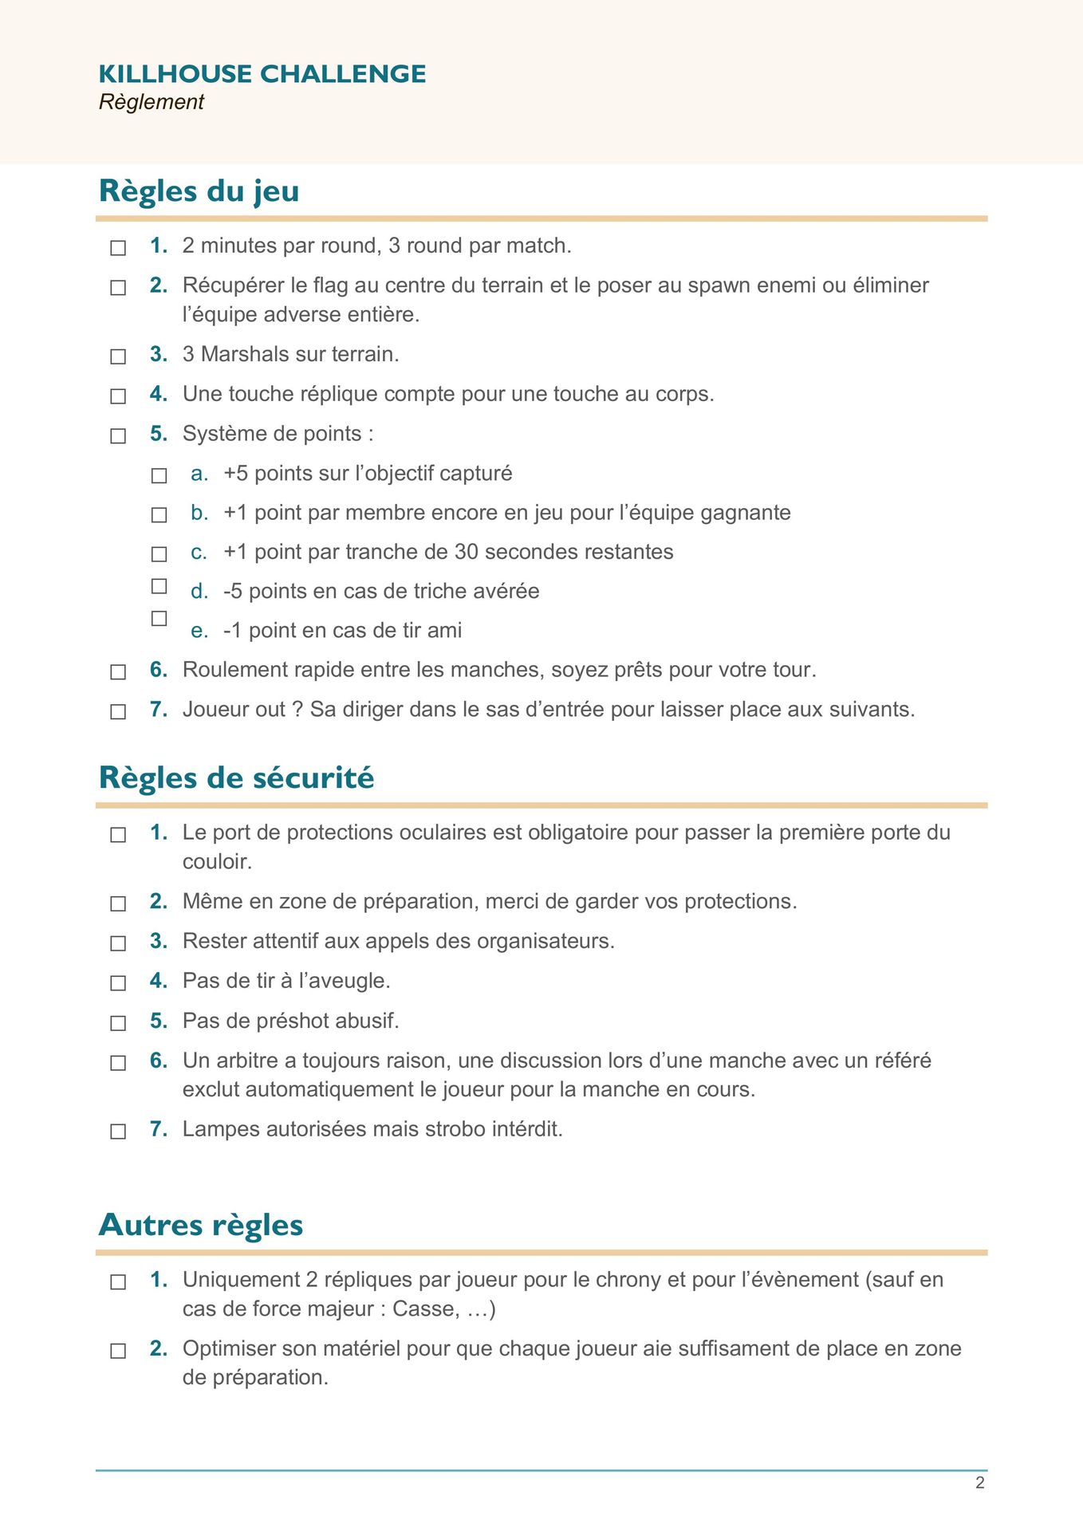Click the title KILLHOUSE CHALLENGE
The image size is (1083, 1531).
coord(262,73)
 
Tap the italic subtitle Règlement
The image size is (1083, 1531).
coord(152,102)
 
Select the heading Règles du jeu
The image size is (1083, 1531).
coord(199,191)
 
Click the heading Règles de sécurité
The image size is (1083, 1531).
coord(236,777)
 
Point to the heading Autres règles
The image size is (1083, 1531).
coord(200,1225)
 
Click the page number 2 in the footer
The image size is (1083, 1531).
coord(979,1482)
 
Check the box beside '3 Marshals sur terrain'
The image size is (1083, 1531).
coord(118,356)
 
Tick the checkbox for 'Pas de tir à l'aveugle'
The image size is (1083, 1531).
coord(118,983)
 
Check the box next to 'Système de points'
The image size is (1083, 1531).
coord(118,436)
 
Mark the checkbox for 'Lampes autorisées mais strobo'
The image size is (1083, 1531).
coord(118,1132)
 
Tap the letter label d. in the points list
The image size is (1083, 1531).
coord(199,592)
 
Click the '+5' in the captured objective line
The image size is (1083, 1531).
coord(236,474)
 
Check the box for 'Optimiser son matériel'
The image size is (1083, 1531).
coord(118,1352)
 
